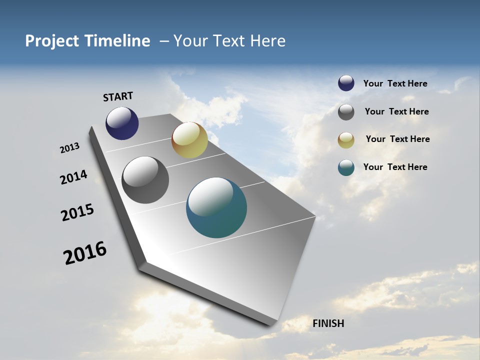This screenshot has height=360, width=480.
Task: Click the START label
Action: pyautogui.click(x=118, y=96)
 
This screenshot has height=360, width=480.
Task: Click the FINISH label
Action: pyautogui.click(x=328, y=323)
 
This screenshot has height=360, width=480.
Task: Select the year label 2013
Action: pyautogui.click(x=70, y=148)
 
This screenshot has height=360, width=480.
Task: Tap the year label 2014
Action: pyautogui.click(x=73, y=177)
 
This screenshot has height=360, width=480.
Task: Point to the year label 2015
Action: pyautogui.click(x=77, y=212)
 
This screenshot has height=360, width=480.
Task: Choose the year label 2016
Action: pyautogui.click(x=85, y=252)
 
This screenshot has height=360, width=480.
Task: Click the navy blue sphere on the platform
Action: pyautogui.click(x=122, y=123)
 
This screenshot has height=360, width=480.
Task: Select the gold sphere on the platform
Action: pyautogui.click(x=189, y=140)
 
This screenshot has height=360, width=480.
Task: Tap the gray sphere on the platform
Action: pyautogui.click(x=145, y=180)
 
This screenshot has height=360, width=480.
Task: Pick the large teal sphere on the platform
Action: pyautogui.click(x=216, y=207)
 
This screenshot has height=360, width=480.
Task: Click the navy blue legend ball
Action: pyautogui.click(x=346, y=83)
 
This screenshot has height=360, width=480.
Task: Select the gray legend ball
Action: pyautogui.click(x=346, y=112)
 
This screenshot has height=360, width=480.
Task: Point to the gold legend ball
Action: pyautogui.click(x=346, y=140)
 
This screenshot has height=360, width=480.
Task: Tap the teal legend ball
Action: pyautogui.click(x=346, y=167)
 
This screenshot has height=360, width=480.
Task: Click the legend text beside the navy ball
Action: pyautogui.click(x=395, y=84)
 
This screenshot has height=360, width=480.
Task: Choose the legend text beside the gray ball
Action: pyautogui.click(x=396, y=111)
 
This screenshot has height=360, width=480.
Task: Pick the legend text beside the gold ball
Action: pyautogui.click(x=397, y=139)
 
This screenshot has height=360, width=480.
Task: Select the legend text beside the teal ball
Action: pyautogui.click(x=395, y=167)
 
